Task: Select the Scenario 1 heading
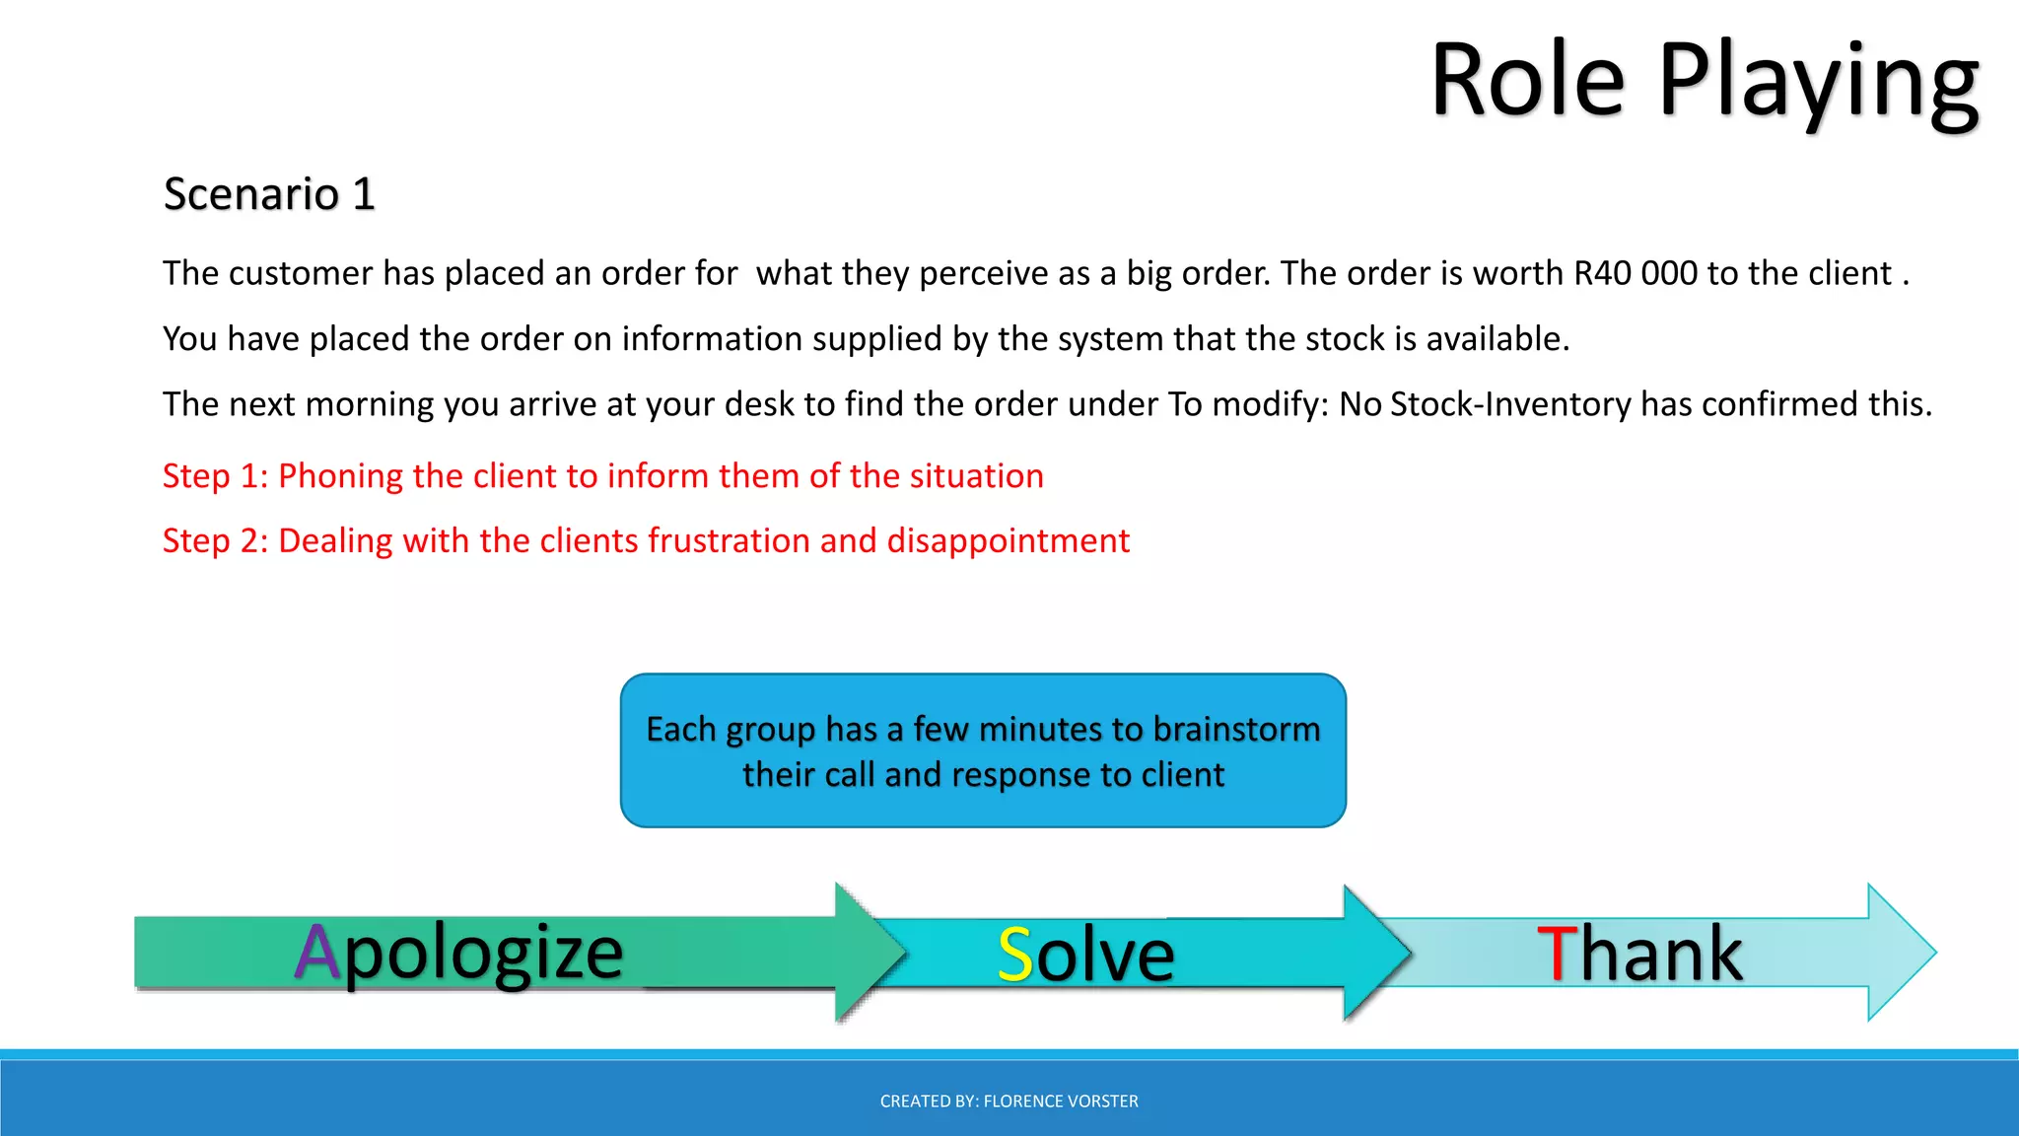(x=269, y=193)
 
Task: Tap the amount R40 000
(x=1635, y=273)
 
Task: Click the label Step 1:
(x=215, y=476)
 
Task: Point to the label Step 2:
(x=215, y=541)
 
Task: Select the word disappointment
(x=1008, y=541)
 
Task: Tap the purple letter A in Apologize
(x=317, y=953)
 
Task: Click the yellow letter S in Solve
(x=1014, y=955)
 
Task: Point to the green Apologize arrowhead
(x=868, y=953)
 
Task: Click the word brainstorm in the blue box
(x=1236, y=730)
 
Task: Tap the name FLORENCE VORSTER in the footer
(x=1061, y=1101)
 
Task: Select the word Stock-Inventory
(x=1510, y=404)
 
